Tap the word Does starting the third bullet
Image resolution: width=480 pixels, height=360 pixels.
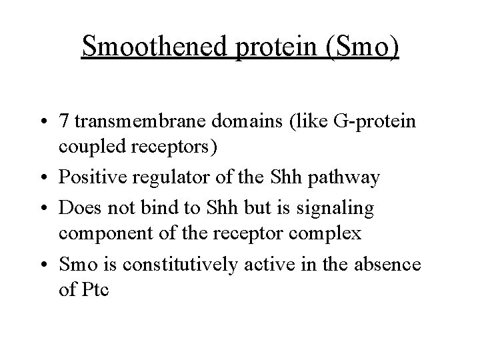point(77,208)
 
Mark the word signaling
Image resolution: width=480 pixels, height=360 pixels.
point(337,208)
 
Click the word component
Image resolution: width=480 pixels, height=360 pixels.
point(103,233)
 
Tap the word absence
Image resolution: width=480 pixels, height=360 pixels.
point(393,265)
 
